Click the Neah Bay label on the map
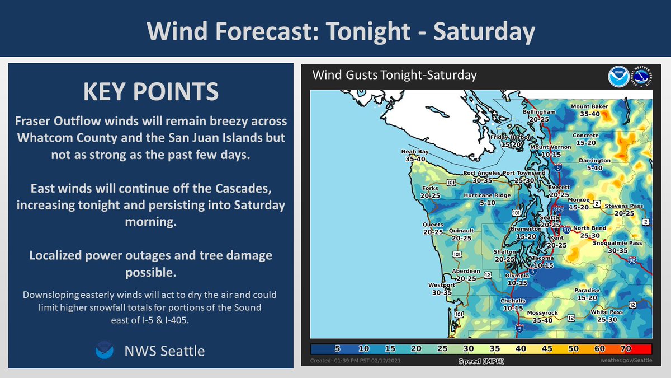pyautogui.click(x=415, y=152)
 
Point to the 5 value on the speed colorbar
pyautogui.click(x=337, y=348)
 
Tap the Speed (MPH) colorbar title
pyautogui.click(x=481, y=361)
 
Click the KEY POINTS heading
pyautogui.click(x=150, y=92)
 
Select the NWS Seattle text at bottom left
pyautogui.click(x=164, y=351)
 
